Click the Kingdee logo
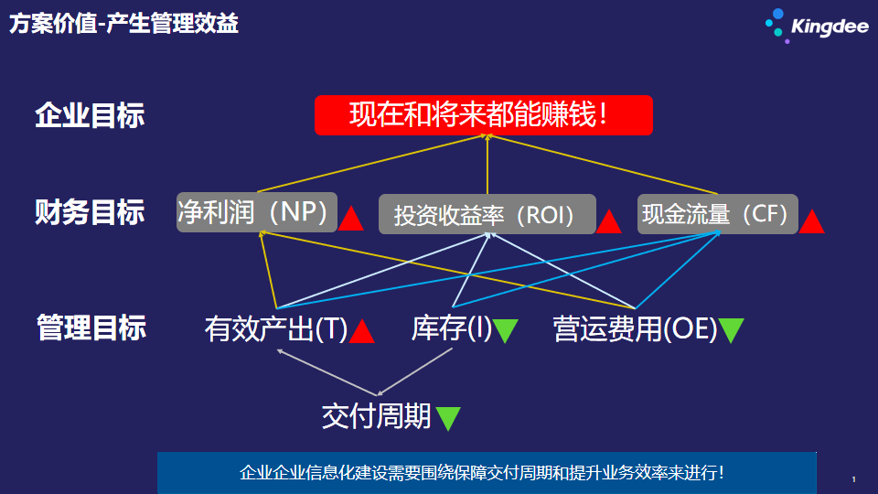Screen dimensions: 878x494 pyautogui.click(x=817, y=26)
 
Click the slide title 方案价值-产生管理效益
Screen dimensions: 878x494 pyautogui.click(x=123, y=24)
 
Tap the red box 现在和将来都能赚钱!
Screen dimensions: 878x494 pyautogui.click(x=484, y=115)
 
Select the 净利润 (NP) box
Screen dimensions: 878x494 pyautogui.click(x=257, y=211)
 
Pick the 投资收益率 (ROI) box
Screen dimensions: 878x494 pyautogui.click(x=487, y=214)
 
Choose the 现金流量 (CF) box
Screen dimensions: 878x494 pyautogui.click(x=717, y=213)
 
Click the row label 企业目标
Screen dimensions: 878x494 pyautogui.click(x=90, y=115)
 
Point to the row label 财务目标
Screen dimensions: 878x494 pyautogui.click(x=90, y=212)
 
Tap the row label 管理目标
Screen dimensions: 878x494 pyautogui.click(x=91, y=328)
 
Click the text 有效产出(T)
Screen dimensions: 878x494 pyautogui.click(x=276, y=328)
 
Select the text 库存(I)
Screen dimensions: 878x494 pyautogui.click(x=451, y=328)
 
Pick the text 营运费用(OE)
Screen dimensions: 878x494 pyautogui.click(x=635, y=328)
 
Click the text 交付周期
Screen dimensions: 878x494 pyautogui.click(x=376, y=416)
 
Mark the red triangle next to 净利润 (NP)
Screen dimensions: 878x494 pyautogui.click(x=350, y=219)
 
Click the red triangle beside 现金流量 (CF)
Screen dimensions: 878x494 pyautogui.click(x=811, y=220)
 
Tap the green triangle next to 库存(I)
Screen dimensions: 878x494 pyautogui.click(x=506, y=330)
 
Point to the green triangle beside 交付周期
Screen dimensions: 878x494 pyautogui.click(x=448, y=418)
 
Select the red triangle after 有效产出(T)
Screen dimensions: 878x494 pyautogui.click(x=361, y=330)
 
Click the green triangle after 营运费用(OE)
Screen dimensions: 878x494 pyautogui.click(x=732, y=330)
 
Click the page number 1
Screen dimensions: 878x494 pyautogui.click(x=854, y=479)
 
